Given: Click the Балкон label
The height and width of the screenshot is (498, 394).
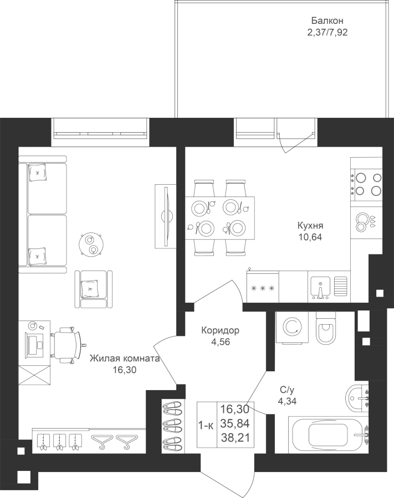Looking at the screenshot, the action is pyautogui.click(x=327, y=21).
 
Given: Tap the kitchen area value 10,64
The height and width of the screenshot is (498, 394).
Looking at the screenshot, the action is pyautogui.click(x=310, y=237).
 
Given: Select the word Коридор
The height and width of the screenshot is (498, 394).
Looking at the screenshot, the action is pyautogui.click(x=220, y=331).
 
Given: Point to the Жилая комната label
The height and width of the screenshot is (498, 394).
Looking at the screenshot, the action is pyautogui.click(x=124, y=359).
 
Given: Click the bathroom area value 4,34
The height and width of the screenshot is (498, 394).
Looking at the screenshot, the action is pyautogui.click(x=287, y=401).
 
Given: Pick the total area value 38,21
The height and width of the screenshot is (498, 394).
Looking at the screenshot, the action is pyautogui.click(x=235, y=438).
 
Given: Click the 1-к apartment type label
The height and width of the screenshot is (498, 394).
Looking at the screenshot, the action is pyautogui.click(x=206, y=425).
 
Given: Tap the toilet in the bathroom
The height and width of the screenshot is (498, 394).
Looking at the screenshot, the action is pyautogui.click(x=326, y=328).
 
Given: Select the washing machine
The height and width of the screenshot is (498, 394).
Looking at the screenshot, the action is pyautogui.click(x=292, y=328).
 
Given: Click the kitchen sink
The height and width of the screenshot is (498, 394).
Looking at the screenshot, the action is pyautogui.click(x=320, y=288).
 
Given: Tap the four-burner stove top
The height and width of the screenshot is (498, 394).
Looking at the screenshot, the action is pyautogui.click(x=366, y=184).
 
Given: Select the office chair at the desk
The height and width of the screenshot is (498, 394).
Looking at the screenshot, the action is pyautogui.click(x=67, y=345).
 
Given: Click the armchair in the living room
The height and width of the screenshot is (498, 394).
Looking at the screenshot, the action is pyautogui.click(x=94, y=289).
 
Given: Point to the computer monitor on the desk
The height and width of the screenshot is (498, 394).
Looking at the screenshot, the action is pyautogui.click(x=34, y=345).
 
